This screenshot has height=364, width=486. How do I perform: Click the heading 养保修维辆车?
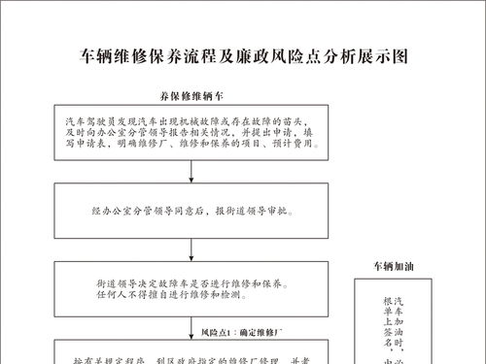pyautogui.click(x=192, y=97)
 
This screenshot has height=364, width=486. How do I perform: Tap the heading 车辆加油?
pyautogui.click(x=395, y=265)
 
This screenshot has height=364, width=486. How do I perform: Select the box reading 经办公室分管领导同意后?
pyautogui.click(x=192, y=210)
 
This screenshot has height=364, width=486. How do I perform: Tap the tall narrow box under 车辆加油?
pyautogui.click(x=395, y=325)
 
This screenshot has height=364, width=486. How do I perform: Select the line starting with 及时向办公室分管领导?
pyautogui.click(x=192, y=127)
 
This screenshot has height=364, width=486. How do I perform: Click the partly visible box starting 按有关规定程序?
pyautogui.click(x=192, y=353)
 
